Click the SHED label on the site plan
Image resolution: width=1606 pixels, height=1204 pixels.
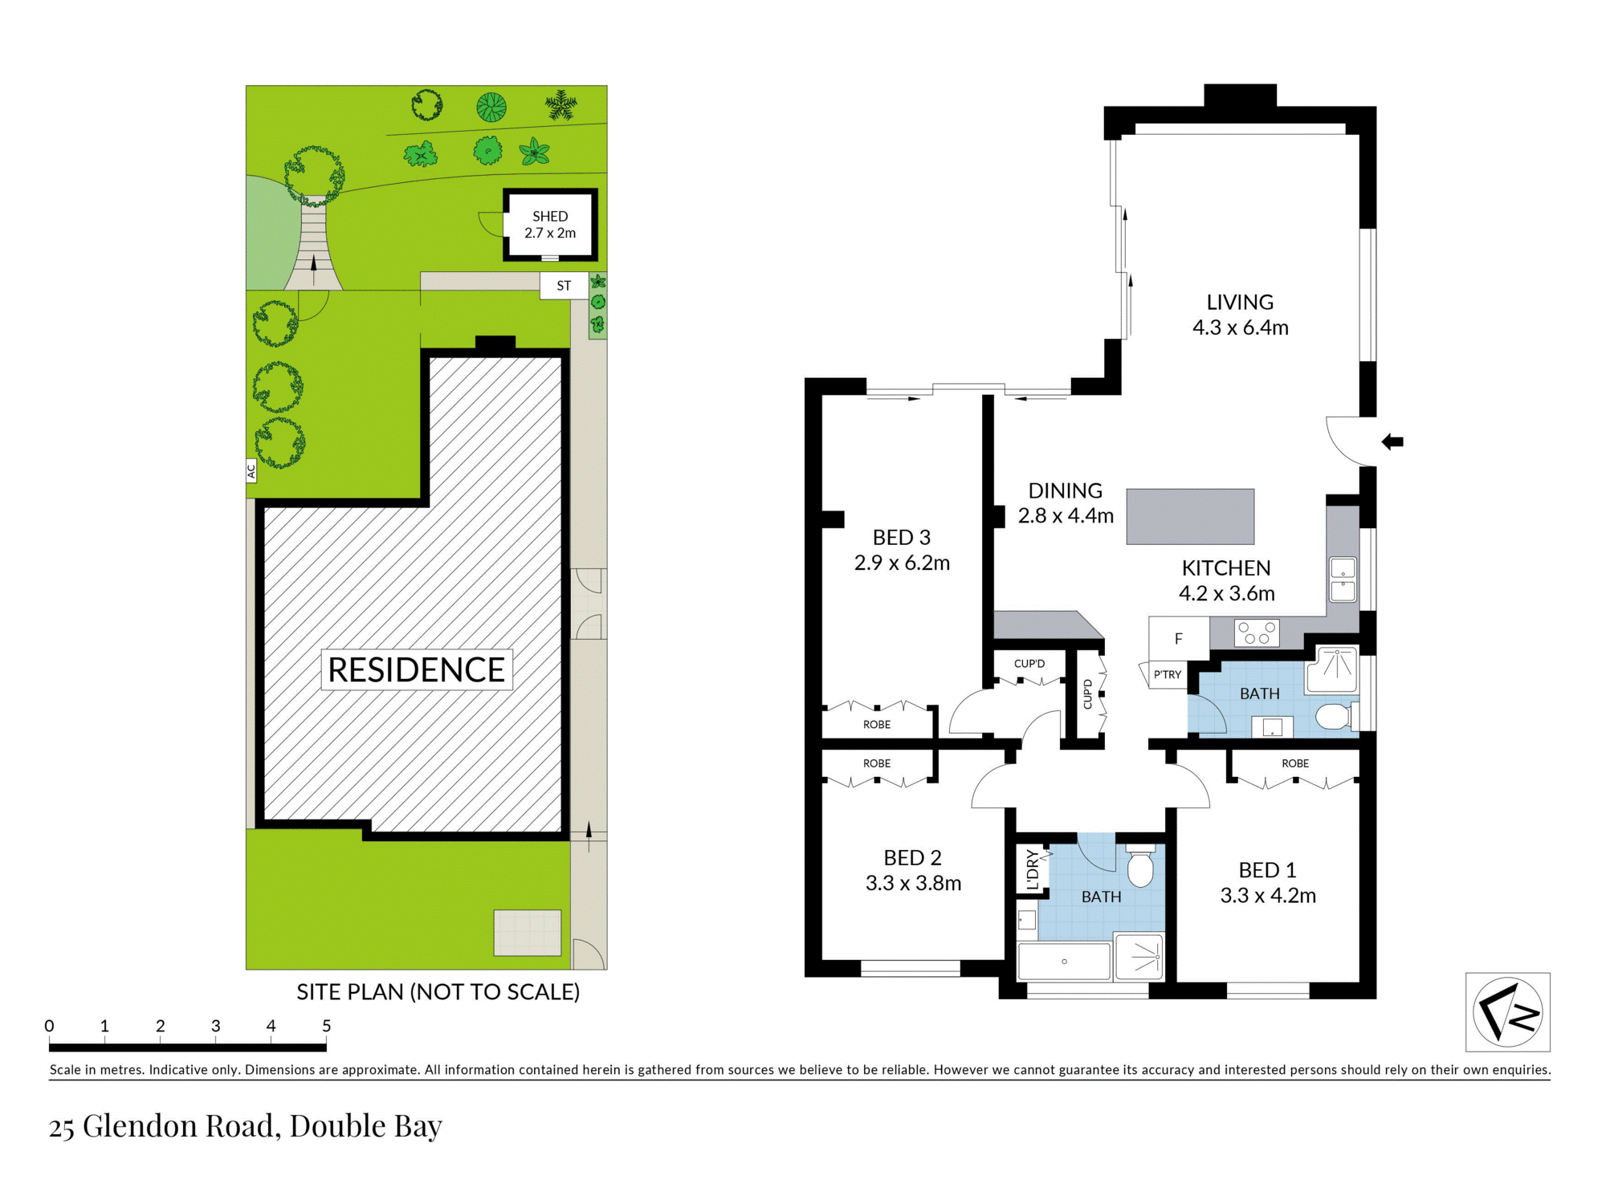tap(550, 216)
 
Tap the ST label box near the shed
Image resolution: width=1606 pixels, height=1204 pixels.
tap(564, 286)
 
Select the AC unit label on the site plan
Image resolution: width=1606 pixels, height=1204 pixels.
tap(251, 470)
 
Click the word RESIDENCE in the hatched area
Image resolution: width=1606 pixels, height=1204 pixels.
tap(416, 669)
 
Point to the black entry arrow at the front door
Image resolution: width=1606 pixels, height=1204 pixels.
tap(1392, 441)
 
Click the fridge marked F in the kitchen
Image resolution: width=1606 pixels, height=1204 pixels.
tap(1178, 639)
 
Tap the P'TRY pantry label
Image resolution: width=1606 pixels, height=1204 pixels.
tap(1167, 674)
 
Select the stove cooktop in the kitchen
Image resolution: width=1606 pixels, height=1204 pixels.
tap(1257, 633)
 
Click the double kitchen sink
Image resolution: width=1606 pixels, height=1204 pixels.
tap(1343, 580)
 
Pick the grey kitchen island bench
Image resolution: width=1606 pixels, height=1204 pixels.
tap(1190, 516)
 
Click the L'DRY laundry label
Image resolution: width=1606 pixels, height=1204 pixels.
tap(1033, 869)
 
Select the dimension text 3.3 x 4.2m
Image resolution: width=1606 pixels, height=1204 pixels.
tap(1268, 896)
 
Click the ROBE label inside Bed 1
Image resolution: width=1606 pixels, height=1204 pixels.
tap(1294, 763)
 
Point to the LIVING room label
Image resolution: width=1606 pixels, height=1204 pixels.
tap(1240, 302)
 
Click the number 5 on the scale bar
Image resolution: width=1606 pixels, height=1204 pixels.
tap(326, 1026)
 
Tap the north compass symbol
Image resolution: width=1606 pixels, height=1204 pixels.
tap(1507, 1012)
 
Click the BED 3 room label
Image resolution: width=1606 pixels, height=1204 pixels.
tap(901, 537)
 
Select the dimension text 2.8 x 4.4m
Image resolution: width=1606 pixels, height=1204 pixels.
tap(1066, 516)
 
